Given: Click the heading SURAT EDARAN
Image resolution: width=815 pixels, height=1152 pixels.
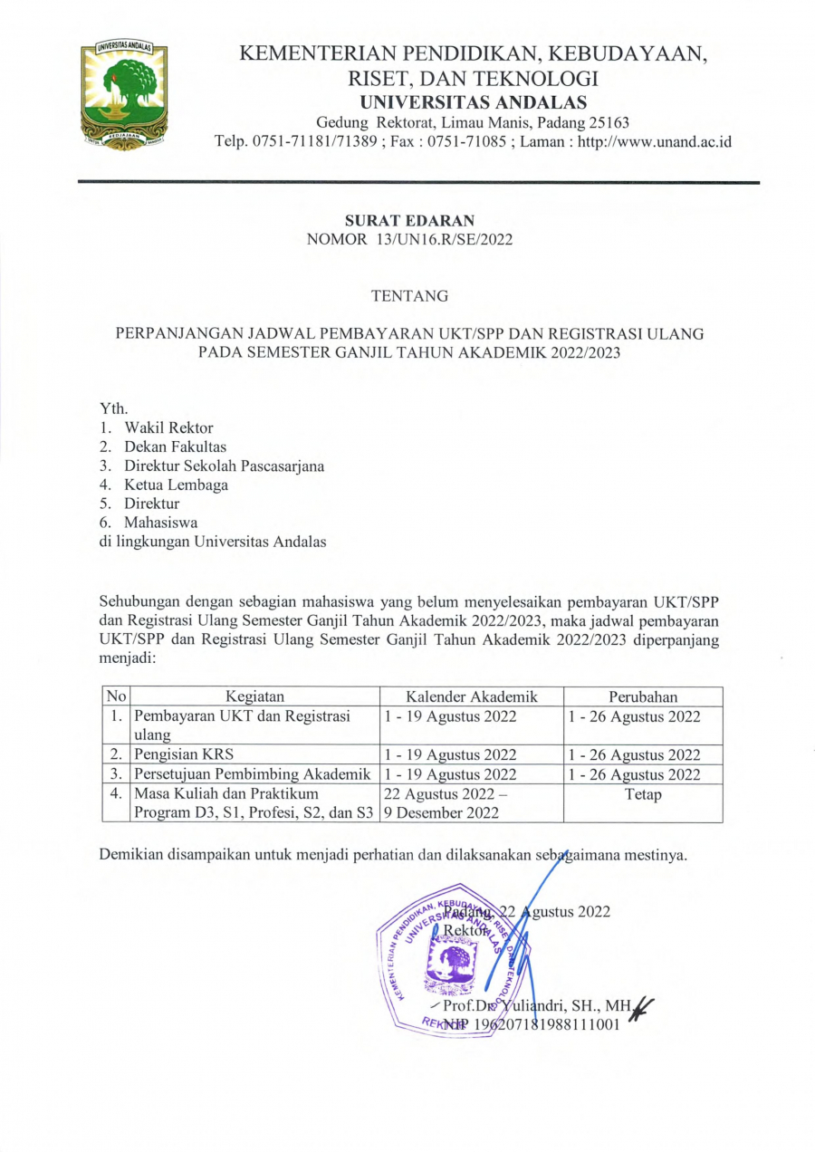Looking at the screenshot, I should (x=409, y=220).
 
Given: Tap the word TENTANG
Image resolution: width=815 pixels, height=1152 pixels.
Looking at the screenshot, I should (x=409, y=295).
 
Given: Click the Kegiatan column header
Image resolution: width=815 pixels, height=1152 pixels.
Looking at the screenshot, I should (x=255, y=696).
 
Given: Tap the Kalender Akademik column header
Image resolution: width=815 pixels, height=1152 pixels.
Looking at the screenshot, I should (x=472, y=696).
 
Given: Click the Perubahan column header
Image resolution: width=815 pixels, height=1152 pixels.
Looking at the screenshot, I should (x=643, y=696).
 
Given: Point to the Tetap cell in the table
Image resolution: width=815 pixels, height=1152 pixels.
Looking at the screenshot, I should (x=643, y=794).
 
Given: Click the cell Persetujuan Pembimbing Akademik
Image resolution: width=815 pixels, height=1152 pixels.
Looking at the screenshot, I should (x=253, y=774).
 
